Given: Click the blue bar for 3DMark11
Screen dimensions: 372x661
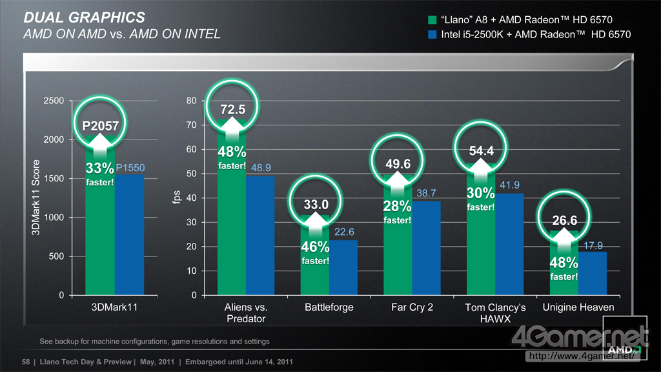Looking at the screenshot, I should point(129,236).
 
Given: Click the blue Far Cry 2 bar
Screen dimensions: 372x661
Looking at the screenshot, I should point(426,249).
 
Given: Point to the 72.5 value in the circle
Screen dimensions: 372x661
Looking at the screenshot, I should point(232,110).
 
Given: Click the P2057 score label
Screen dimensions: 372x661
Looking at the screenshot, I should point(100,126).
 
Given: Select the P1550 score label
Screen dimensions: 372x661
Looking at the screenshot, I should point(130,168).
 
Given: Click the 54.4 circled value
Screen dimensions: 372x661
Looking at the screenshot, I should point(481,151).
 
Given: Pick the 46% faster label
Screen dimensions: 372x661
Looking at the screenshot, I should point(315,253).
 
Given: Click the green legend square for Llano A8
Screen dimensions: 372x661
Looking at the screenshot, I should point(431,20).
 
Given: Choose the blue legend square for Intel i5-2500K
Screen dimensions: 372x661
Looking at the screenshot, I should point(431,34).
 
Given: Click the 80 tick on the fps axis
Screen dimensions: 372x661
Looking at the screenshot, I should point(191,101).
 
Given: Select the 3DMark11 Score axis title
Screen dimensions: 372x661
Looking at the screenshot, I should point(36,198).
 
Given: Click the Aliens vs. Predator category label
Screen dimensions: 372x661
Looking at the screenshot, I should point(246,313).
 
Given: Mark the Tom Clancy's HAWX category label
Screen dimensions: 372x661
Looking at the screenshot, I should point(496,313).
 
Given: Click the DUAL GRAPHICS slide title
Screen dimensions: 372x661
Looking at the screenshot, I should point(84,17).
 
